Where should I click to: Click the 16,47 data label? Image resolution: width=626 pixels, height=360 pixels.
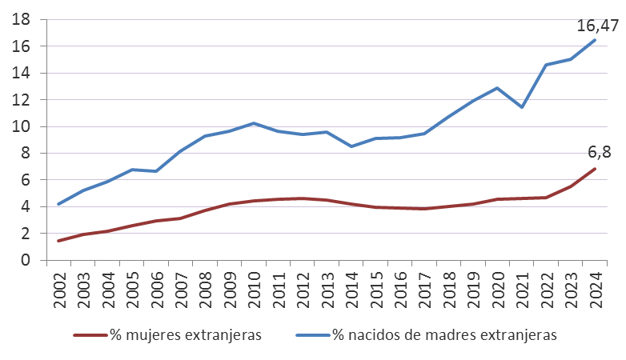(x=598, y=26)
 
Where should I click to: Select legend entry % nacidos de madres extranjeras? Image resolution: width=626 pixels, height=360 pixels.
(x=443, y=335)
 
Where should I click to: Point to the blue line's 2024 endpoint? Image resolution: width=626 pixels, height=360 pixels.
(x=595, y=40)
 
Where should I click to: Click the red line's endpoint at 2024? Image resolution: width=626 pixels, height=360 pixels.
(x=595, y=169)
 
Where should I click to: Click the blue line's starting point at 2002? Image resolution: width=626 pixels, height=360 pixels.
(x=58, y=204)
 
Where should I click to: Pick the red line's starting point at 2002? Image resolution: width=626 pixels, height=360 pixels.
(x=58, y=241)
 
